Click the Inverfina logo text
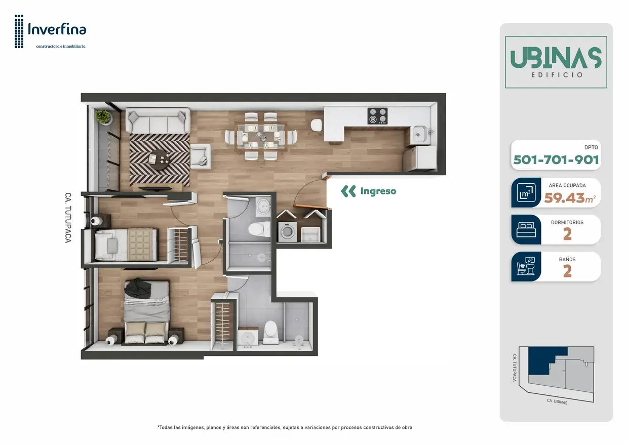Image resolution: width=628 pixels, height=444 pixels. point(57,29)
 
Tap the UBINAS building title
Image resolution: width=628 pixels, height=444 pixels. point(556,58)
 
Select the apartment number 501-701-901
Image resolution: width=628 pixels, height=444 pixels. point(556,160)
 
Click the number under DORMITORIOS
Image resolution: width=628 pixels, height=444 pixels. point(567,234)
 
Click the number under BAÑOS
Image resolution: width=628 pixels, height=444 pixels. point(567,271)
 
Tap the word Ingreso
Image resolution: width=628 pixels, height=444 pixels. point(378,191)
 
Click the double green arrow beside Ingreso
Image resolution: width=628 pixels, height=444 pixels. point(348,191)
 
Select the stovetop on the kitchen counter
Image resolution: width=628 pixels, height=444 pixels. point(378,116)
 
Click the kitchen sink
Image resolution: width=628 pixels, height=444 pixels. point(420,135)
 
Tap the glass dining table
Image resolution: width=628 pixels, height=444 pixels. point(261,136)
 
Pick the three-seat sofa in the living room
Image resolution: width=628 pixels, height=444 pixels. point(158,120)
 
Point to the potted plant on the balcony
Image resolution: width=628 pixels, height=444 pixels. point(103,116)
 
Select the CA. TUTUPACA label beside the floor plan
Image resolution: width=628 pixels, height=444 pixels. point(68,218)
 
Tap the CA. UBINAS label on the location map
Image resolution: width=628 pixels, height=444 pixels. point(557,401)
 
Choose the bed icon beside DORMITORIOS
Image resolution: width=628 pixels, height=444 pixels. point(526,229)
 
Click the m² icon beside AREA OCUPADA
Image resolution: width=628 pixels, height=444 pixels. point(526,192)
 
